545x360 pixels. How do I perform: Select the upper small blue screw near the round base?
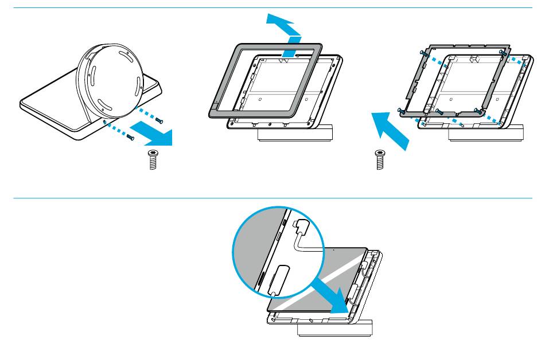click(x=159, y=120)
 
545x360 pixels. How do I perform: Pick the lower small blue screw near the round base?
click(x=130, y=138)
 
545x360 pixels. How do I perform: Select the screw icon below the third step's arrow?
click(x=379, y=158)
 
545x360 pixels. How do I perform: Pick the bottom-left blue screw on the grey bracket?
click(x=400, y=109)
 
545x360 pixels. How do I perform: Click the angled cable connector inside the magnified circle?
click(x=302, y=228)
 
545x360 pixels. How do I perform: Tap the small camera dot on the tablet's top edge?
click(x=334, y=250)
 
